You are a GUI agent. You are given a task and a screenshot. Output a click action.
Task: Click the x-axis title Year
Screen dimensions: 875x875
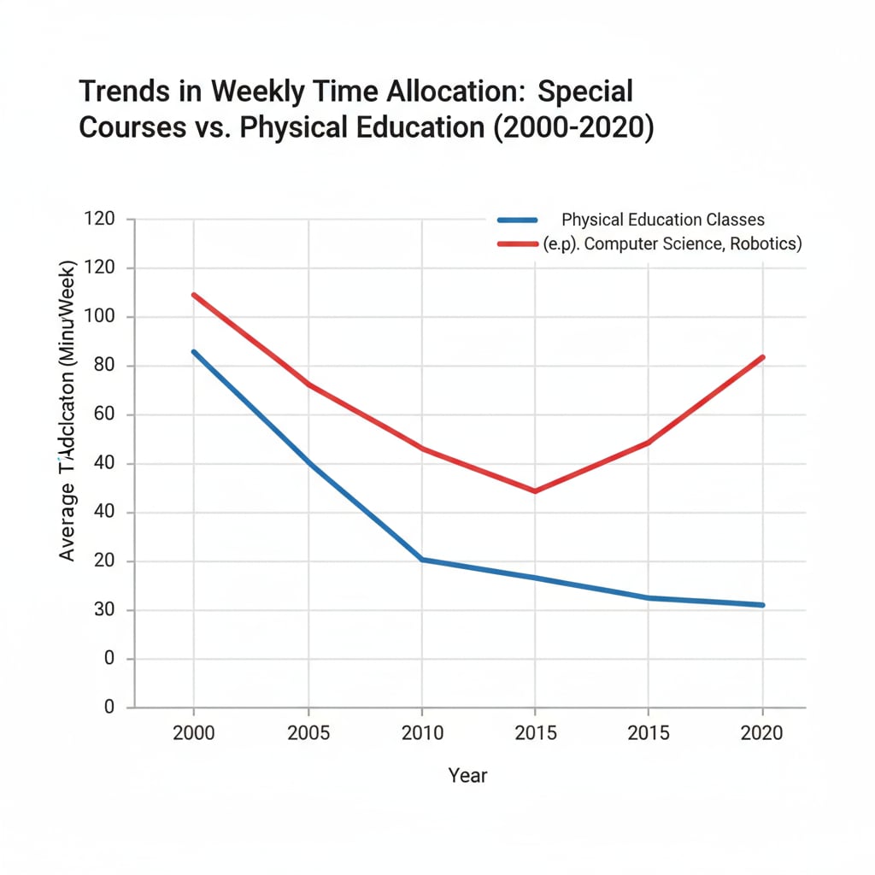[x=467, y=775]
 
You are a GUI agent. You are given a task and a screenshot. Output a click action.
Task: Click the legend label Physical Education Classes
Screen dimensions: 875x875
[x=663, y=220]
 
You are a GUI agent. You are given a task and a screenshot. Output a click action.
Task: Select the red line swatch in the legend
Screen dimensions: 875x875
[x=517, y=244]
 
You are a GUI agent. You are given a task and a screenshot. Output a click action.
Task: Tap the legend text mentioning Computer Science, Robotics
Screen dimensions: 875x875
[x=672, y=244]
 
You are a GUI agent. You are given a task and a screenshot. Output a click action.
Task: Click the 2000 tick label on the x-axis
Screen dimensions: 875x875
[x=194, y=733]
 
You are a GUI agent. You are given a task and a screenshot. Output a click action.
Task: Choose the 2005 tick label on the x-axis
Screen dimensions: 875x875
[x=308, y=733]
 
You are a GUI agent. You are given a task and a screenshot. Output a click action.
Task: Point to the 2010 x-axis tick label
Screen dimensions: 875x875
[x=422, y=733]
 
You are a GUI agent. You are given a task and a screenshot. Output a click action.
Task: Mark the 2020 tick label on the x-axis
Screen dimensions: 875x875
[x=762, y=733]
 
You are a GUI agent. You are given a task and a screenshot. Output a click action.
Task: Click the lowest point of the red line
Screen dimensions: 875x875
[x=535, y=491]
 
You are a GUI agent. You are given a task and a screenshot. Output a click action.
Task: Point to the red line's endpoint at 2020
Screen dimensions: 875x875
[x=762, y=357]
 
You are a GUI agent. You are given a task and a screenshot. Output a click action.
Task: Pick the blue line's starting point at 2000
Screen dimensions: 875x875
[x=194, y=351]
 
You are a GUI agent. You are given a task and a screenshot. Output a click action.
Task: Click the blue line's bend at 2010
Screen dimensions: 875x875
[x=422, y=560]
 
